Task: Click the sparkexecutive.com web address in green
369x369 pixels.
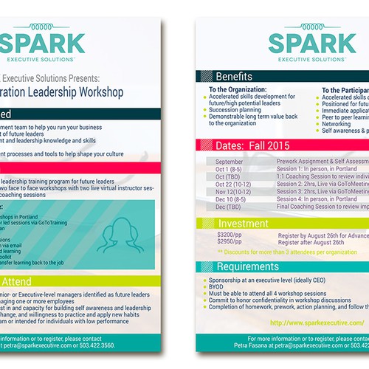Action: (x=317, y=323)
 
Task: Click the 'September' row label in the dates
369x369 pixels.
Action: (x=230, y=160)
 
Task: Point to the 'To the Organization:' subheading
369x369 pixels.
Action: (x=241, y=89)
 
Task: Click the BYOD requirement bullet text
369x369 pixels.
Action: (x=218, y=286)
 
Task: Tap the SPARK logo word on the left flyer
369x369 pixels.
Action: (x=42, y=41)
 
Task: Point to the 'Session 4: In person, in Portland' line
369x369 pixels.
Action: (x=319, y=199)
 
